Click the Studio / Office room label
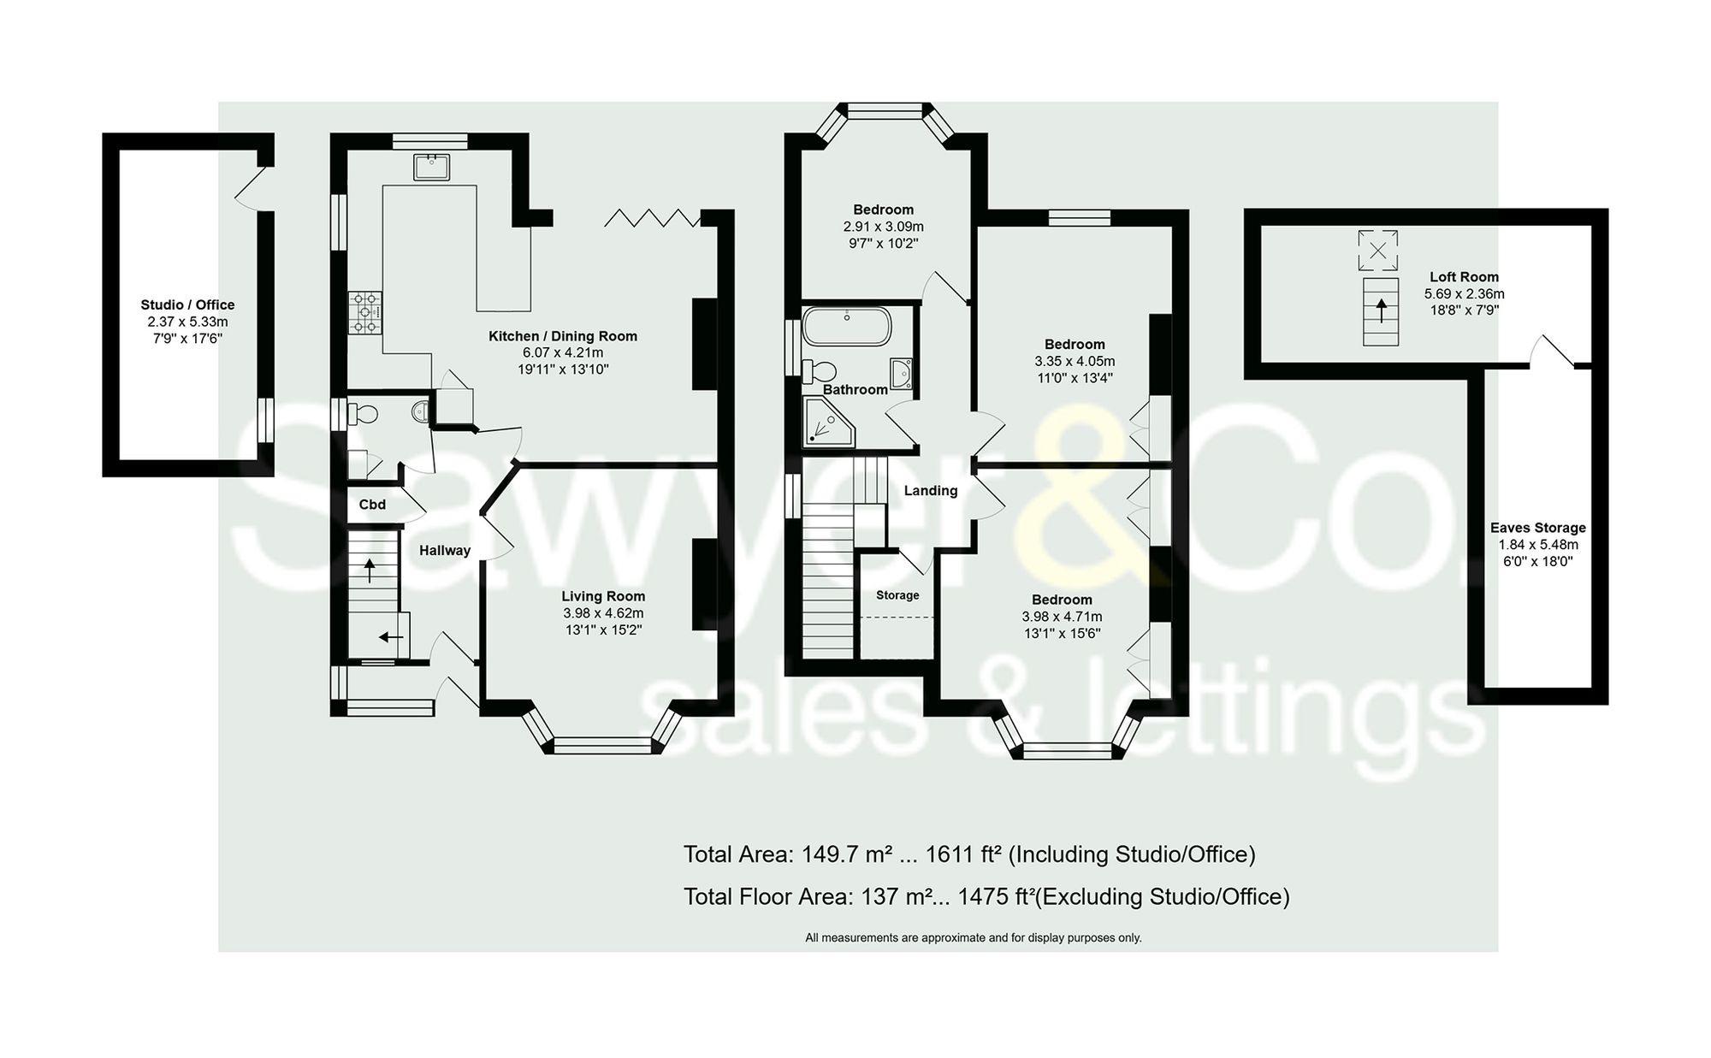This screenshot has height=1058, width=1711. pyautogui.click(x=187, y=304)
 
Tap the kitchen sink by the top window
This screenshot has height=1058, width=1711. pyautogui.click(x=431, y=167)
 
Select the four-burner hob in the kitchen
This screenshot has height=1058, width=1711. pyautogui.click(x=365, y=313)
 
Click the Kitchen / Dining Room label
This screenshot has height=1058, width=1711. pyautogui.click(x=562, y=336)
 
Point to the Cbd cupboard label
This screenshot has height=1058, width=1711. pyautogui.click(x=372, y=505)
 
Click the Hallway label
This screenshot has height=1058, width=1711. pyautogui.click(x=444, y=551)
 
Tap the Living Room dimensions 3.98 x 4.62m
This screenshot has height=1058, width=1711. pyautogui.click(x=603, y=613)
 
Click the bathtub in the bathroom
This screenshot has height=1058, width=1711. pyautogui.click(x=847, y=326)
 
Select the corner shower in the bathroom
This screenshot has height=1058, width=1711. pyautogui.click(x=827, y=424)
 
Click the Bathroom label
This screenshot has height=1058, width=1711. pyautogui.click(x=855, y=389)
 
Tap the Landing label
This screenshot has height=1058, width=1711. pyautogui.click(x=931, y=491)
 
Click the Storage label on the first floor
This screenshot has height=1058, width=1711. pyautogui.click(x=897, y=595)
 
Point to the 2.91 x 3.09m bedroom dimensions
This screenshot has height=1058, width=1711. pyautogui.click(x=883, y=227)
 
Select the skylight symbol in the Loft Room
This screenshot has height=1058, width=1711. pyautogui.click(x=1377, y=251)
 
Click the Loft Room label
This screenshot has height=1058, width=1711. pyautogui.click(x=1464, y=277)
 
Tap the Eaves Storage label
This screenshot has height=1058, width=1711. pyautogui.click(x=1537, y=528)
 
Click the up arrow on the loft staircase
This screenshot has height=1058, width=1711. pyautogui.click(x=1380, y=309)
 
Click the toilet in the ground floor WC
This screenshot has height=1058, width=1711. pyautogui.click(x=363, y=414)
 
